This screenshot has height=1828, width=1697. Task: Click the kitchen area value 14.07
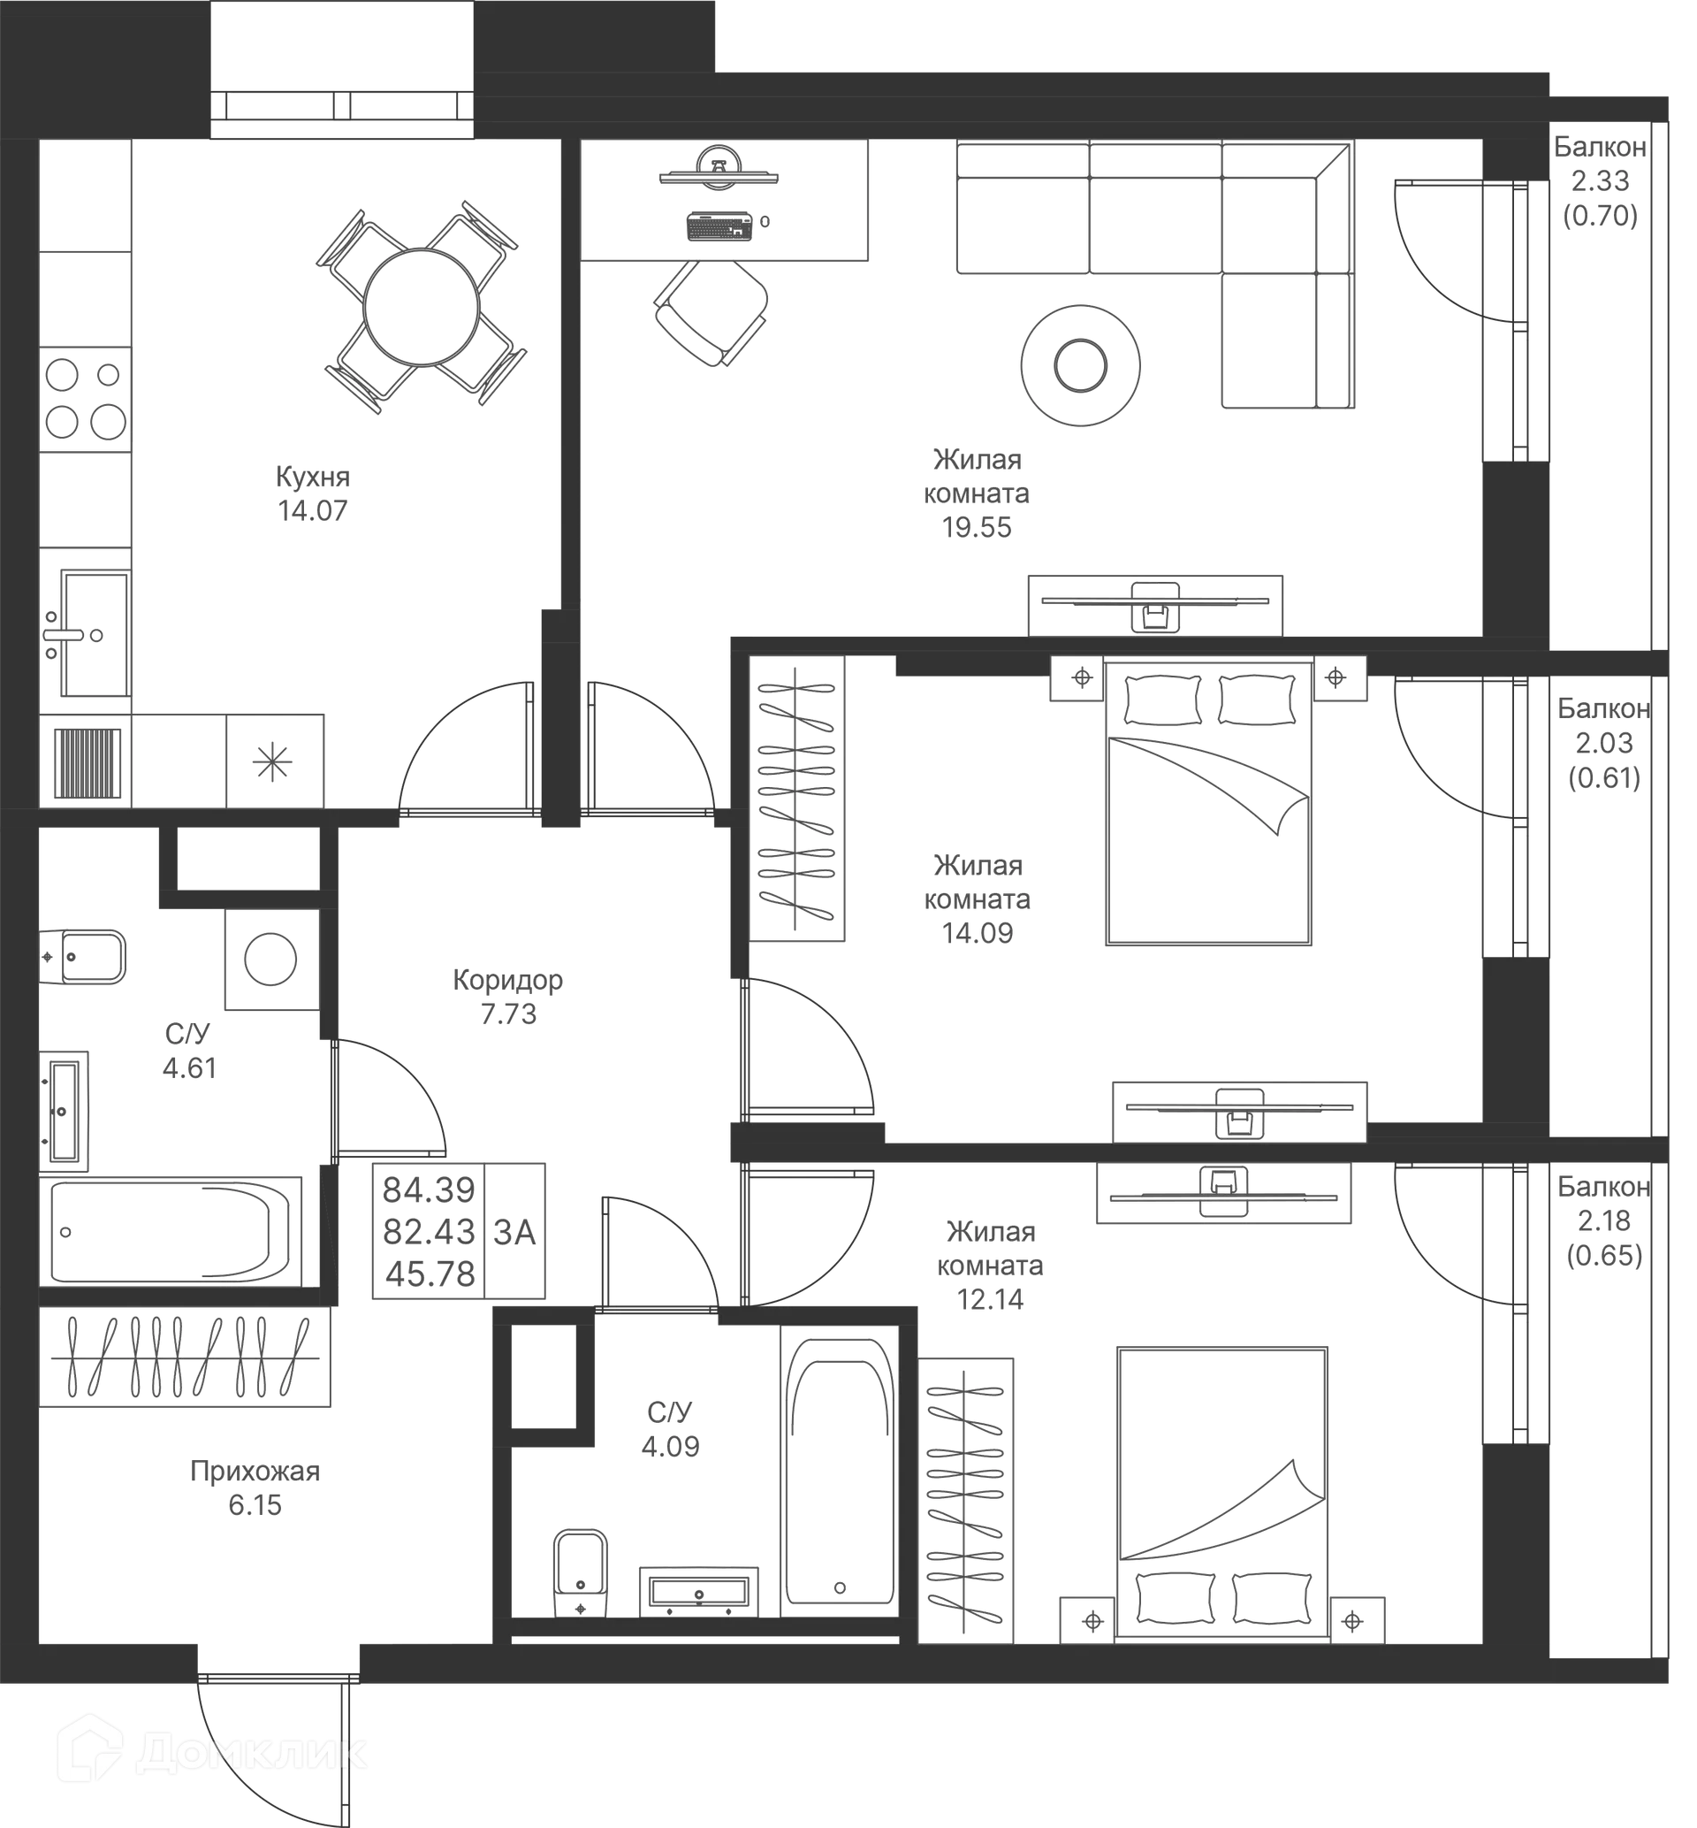click(314, 512)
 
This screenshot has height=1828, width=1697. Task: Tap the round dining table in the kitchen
click(422, 308)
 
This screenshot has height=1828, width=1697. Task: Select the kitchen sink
click(95, 635)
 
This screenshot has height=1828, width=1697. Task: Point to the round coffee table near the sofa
click(1082, 365)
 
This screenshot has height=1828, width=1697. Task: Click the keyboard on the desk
click(720, 228)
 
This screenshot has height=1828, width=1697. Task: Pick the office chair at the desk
click(712, 312)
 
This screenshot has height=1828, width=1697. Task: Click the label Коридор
click(508, 982)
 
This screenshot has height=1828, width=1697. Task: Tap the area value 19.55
click(977, 528)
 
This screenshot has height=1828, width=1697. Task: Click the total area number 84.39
click(429, 1191)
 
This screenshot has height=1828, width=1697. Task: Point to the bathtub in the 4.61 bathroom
click(171, 1232)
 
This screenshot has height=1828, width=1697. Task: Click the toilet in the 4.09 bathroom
click(582, 1573)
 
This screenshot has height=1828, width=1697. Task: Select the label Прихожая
click(255, 1472)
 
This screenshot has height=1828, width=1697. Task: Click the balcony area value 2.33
click(1601, 181)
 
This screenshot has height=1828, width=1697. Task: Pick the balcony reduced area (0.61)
click(1604, 778)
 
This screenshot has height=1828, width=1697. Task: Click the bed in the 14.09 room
click(1208, 804)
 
